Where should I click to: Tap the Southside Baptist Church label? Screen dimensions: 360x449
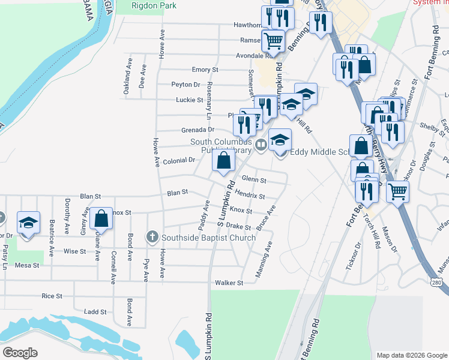(x=208, y=238)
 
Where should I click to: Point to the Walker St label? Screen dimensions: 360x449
(x=229, y=283)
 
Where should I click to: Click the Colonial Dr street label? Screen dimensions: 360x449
(x=179, y=160)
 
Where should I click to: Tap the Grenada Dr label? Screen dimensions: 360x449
(x=197, y=130)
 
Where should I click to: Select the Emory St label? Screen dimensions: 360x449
(x=205, y=70)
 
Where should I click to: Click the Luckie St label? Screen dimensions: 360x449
(x=190, y=100)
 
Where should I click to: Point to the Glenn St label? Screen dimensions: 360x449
(x=253, y=179)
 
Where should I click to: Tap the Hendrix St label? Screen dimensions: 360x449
(x=250, y=196)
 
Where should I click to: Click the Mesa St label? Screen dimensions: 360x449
(x=27, y=265)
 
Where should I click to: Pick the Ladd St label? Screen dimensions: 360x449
(x=95, y=312)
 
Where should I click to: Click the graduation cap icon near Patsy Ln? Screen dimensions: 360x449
(x=28, y=223)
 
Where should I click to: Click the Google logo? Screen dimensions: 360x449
(x=20, y=353)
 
